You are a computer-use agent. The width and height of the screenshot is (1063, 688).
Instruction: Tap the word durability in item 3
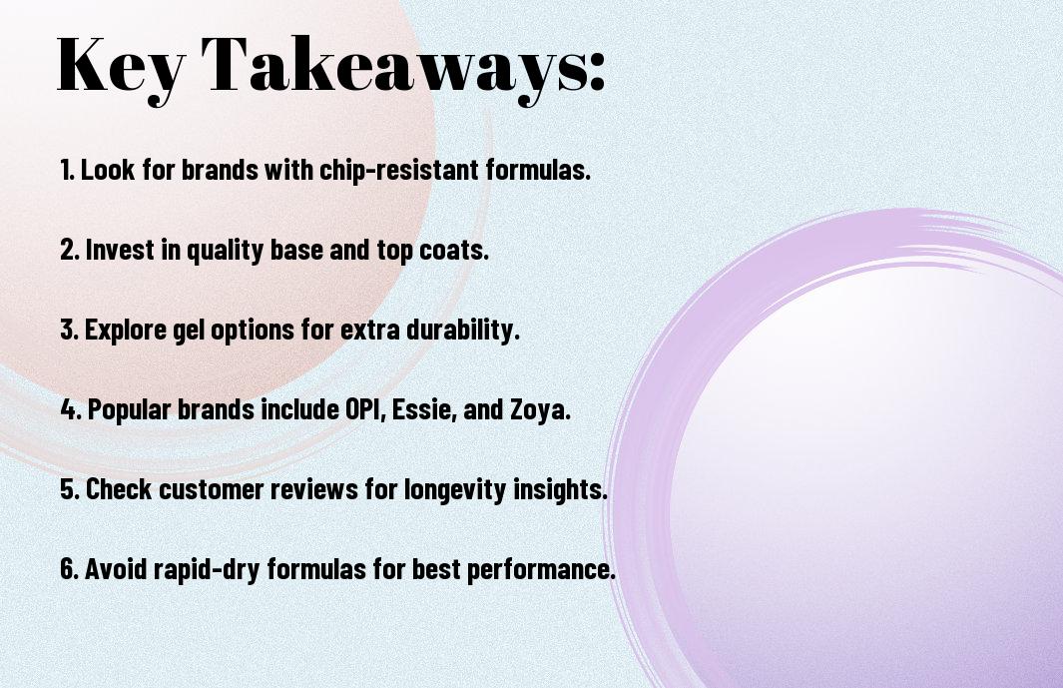462,330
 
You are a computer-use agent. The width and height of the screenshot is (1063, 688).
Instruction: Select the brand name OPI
365,409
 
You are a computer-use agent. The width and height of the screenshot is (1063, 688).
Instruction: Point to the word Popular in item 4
129,409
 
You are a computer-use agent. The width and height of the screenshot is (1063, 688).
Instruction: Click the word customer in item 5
211,489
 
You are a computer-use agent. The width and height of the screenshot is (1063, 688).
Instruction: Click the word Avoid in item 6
116,568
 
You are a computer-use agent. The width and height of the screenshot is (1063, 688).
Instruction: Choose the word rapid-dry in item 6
207,569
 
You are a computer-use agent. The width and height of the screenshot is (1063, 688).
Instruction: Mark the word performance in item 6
540,569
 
